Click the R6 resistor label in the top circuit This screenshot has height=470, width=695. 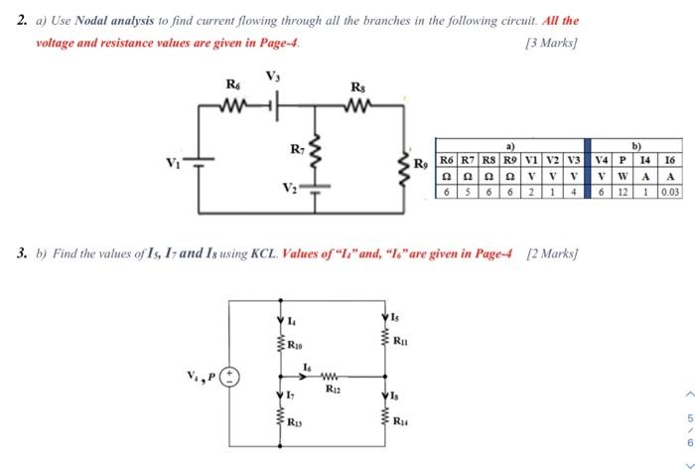click(x=232, y=85)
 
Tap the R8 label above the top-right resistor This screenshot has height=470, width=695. click(x=357, y=88)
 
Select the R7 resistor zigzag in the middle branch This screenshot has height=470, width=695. click(x=315, y=155)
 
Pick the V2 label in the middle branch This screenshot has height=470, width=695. click(x=288, y=188)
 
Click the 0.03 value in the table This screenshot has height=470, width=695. click(x=669, y=193)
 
